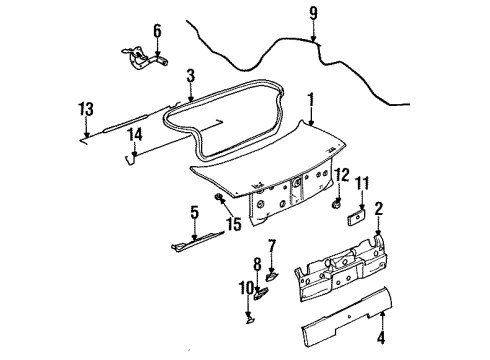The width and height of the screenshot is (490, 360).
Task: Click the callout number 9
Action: (x=313, y=15)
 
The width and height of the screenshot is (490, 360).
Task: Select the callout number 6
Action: (x=156, y=31)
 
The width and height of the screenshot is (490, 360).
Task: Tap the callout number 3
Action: (x=190, y=75)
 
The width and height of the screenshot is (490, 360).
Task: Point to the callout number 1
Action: (x=310, y=100)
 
